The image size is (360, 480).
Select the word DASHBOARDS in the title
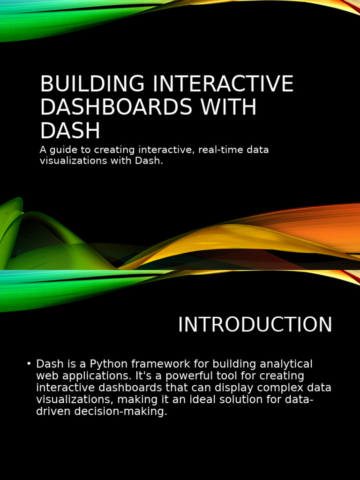click(116, 108)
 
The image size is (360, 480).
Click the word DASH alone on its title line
click(70, 131)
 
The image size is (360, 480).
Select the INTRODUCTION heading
click(255, 325)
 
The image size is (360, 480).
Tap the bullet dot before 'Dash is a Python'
click(29, 364)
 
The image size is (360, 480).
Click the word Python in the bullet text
click(111, 364)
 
